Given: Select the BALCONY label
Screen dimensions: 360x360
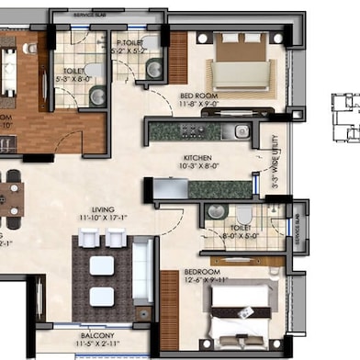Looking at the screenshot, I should pos(97,337).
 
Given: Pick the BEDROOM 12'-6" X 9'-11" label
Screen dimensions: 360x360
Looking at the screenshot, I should pos(205,273).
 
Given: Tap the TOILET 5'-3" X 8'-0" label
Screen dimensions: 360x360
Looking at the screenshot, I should pos(74,71).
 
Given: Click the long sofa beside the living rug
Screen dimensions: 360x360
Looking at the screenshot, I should pos(143,270).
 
